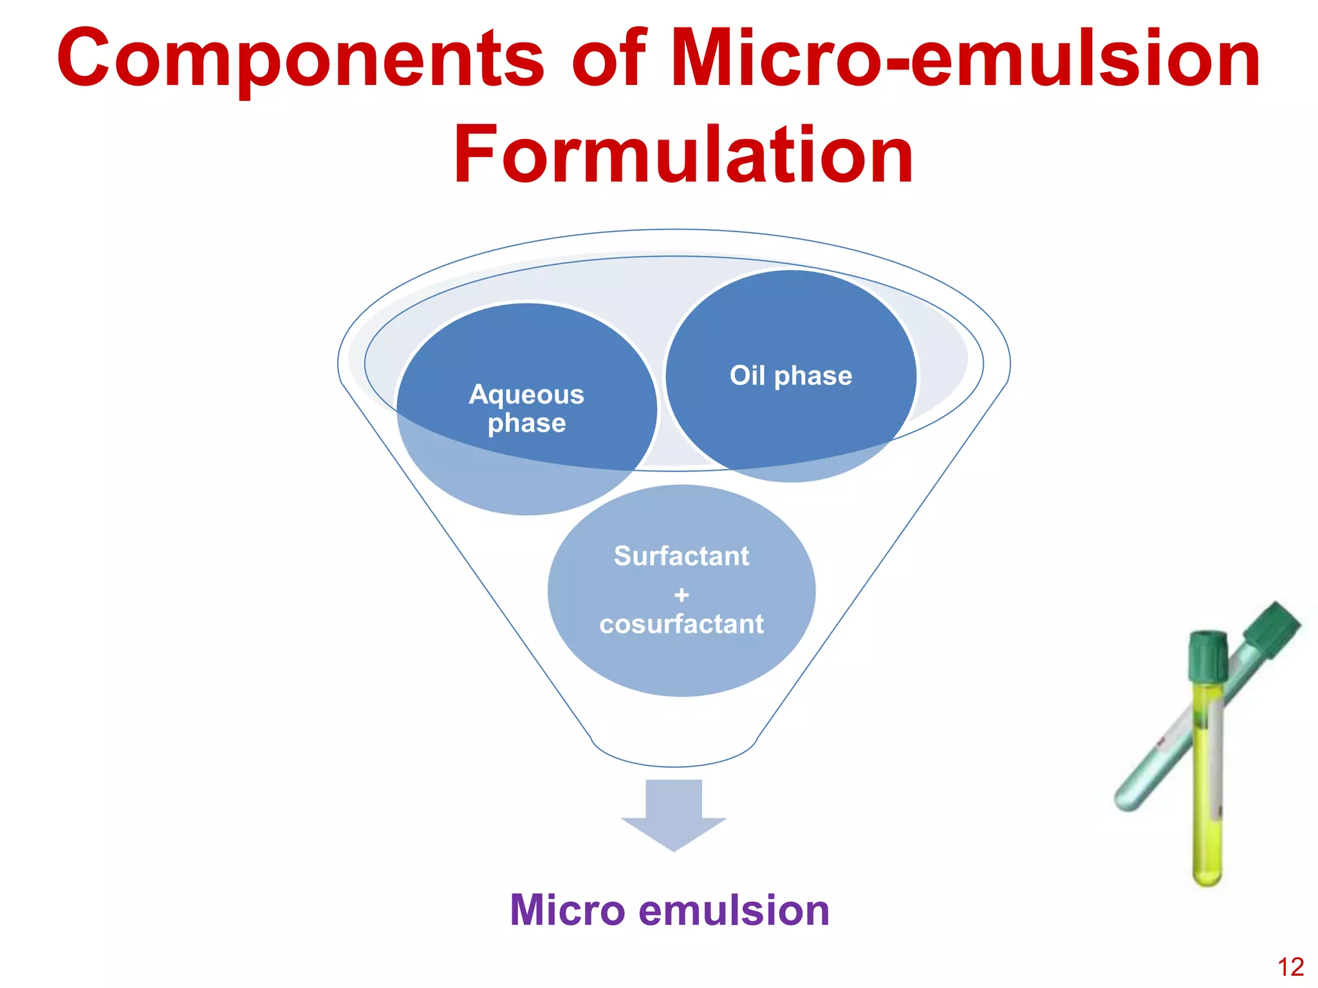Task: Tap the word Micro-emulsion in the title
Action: pyautogui.click(x=965, y=59)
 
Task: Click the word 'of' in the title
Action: pyautogui.click(x=608, y=59)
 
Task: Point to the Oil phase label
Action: pyautogui.click(x=790, y=376)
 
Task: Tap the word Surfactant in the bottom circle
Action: pyautogui.click(x=681, y=556)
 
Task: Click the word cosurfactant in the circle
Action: pyautogui.click(x=681, y=624)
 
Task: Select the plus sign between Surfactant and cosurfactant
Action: pyautogui.click(x=681, y=595)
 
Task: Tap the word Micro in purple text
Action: pyautogui.click(x=567, y=910)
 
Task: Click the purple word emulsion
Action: pyautogui.click(x=734, y=910)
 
